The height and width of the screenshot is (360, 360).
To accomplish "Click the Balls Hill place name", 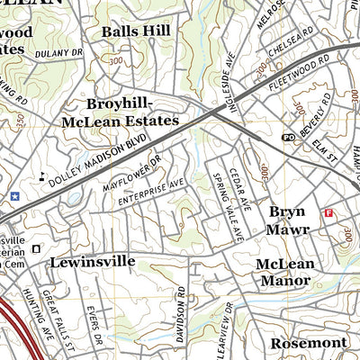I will pos(136,31).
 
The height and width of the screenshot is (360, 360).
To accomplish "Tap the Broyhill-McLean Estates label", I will pos(120,111).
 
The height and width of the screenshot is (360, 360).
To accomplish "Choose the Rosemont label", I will pos(310,343).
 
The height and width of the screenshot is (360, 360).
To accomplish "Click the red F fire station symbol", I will pos(328,213).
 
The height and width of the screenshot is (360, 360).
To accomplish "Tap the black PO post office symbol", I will pos(289,137).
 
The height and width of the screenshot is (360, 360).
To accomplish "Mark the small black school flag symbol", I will pos(41,175).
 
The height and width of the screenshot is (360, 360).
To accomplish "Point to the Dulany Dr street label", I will pos(58,53).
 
